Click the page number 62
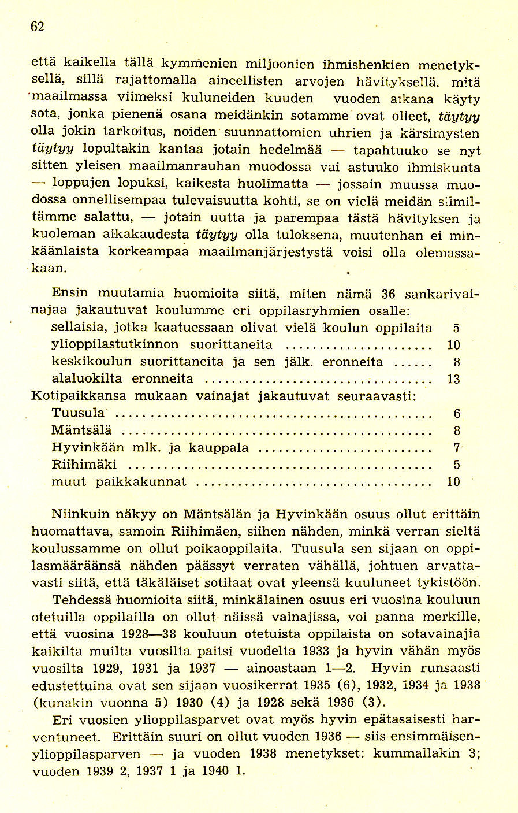38,27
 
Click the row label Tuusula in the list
78,413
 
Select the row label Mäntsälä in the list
81,430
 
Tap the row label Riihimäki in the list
84,464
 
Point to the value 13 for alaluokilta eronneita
454,380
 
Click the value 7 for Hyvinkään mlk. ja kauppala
456,447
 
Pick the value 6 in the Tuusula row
457,414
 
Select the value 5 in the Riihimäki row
457,464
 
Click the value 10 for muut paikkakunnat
454,481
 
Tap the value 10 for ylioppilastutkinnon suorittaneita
454,346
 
